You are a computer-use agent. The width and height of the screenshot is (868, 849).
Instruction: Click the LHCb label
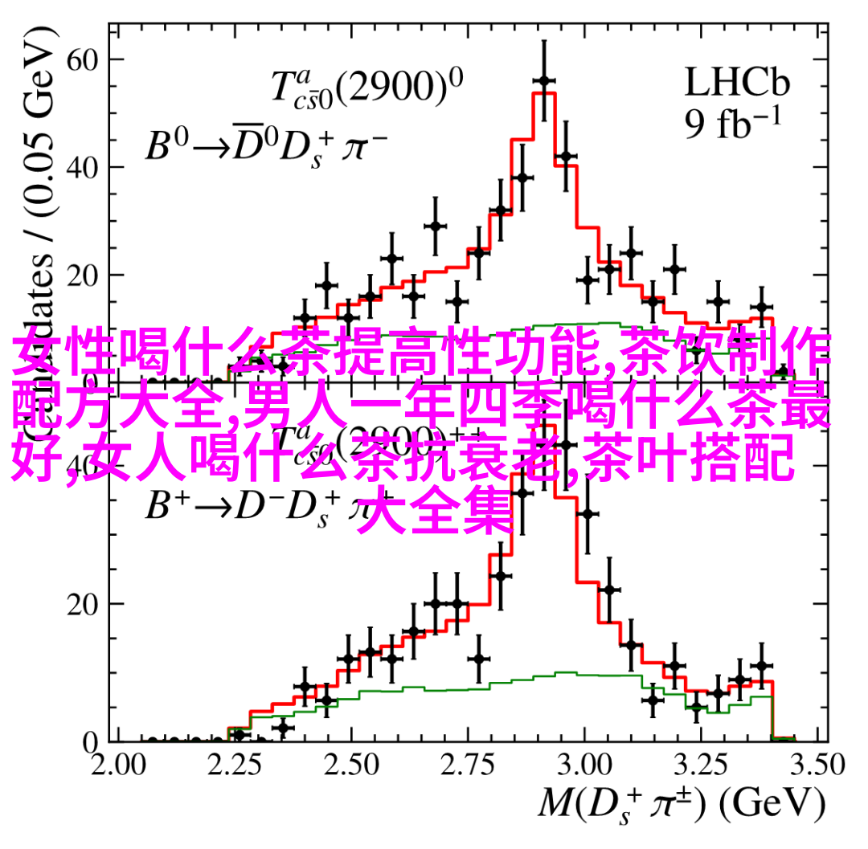point(737,83)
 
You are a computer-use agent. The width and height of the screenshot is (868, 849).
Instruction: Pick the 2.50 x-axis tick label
point(350,764)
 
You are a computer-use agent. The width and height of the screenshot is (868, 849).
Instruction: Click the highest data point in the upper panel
point(544,81)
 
